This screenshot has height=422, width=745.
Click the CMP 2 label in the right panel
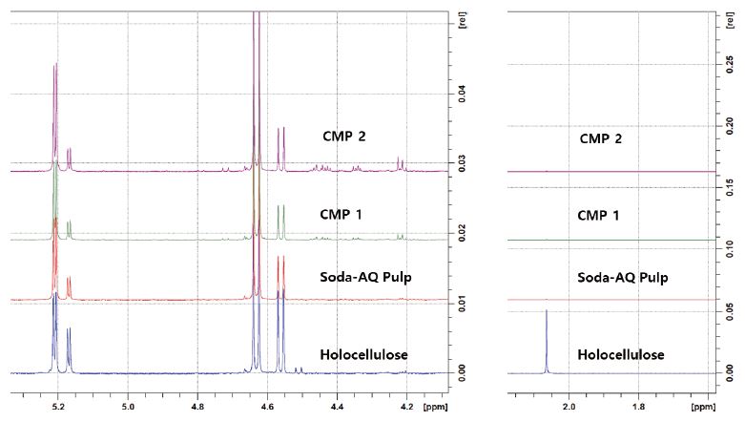[600, 140]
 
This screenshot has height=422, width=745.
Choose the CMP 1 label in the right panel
[598, 215]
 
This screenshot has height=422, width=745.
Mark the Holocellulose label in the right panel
[620, 355]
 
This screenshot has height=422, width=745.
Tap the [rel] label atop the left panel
[462, 20]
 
